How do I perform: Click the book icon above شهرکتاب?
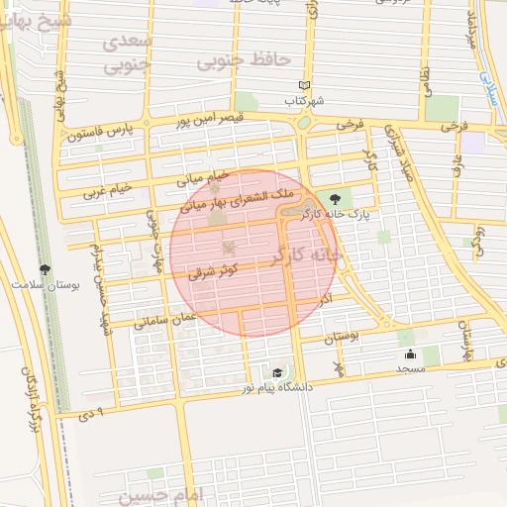tap(304, 86)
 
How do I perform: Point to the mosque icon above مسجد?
tap(409, 354)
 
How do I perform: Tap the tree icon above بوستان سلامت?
tap(45, 269)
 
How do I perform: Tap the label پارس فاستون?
tap(99, 132)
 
